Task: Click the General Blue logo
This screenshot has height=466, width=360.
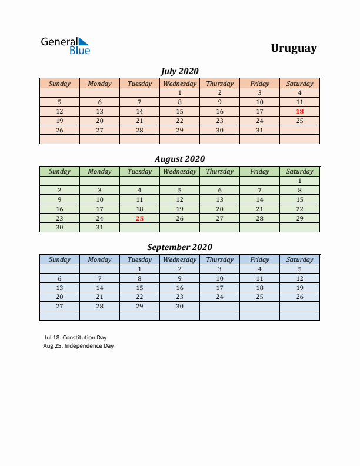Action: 65,46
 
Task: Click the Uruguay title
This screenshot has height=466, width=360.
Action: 294,48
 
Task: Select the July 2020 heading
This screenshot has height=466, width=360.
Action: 179,71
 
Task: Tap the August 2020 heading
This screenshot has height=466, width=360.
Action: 179,159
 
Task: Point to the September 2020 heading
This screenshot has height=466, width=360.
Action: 179,247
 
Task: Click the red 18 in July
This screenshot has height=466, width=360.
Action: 299,111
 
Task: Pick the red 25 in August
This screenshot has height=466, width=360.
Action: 139,218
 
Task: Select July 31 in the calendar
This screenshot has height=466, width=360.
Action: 259,130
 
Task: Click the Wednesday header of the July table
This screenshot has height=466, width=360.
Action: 179,84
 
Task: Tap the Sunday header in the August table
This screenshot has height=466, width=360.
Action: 59,171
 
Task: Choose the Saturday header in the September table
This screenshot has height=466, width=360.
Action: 299,259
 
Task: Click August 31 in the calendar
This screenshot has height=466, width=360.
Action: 99,228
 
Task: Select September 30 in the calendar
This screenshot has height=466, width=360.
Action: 179,307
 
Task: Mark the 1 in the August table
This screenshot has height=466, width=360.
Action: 299,181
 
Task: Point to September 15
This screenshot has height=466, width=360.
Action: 139,288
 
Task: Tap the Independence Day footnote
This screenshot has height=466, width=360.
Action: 78,346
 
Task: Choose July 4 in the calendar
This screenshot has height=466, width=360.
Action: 299,92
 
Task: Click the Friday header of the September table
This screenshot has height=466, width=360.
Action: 259,259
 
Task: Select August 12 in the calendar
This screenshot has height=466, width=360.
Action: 179,199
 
